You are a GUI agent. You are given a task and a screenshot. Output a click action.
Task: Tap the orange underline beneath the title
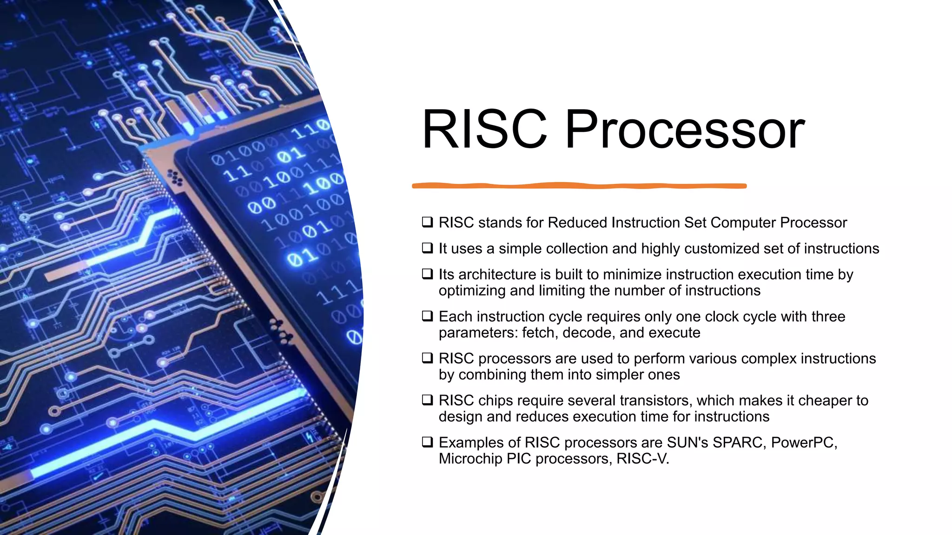click(x=579, y=186)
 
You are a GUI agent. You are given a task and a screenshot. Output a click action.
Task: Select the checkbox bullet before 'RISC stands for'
click(x=427, y=222)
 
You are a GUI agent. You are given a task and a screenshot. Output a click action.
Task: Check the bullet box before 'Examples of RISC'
click(x=427, y=442)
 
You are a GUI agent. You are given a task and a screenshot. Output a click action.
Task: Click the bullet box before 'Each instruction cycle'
click(x=427, y=316)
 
